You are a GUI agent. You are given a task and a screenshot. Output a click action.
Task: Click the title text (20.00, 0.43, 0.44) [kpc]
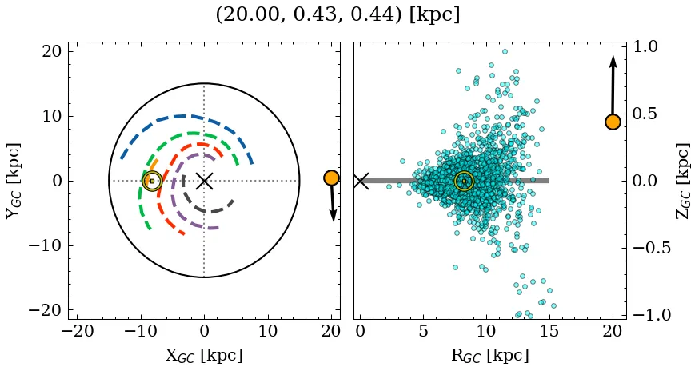click(338, 15)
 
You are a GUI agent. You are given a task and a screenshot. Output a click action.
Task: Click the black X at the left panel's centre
click(204, 181)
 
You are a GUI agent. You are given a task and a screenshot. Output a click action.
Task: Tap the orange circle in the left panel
click(331, 178)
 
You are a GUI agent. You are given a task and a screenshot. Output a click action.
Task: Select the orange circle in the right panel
click(613, 122)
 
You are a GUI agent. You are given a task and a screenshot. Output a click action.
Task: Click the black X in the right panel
click(361, 181)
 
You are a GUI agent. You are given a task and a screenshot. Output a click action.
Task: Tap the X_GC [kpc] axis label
click(204, 356)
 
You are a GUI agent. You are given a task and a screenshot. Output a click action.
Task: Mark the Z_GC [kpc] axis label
click(682, 181)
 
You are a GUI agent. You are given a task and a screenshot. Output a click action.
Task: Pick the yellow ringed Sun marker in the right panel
click(464, 181)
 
